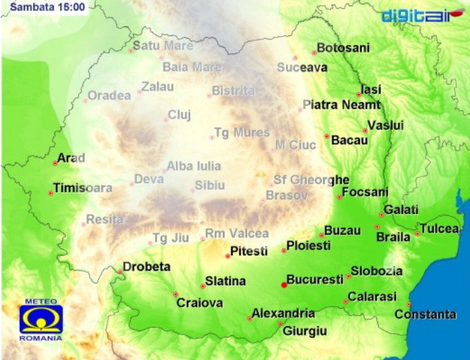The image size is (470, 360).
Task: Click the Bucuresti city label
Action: click(x=315, y=280)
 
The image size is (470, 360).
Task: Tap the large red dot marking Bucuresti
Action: click(x=284, y=285)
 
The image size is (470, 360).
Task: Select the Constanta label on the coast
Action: click(x=425, y=314)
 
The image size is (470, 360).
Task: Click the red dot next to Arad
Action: click(x=55, y=163)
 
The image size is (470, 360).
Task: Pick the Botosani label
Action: click(x=343, y=48)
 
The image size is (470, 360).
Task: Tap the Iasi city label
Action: click(x=371, y=89)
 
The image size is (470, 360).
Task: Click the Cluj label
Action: click(x=179, y=115)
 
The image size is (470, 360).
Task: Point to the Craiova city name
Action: click(x=199, y=303)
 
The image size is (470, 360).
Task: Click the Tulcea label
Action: click(x=439, y=228)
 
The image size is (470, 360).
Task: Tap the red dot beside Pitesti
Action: click(x=228, y=256)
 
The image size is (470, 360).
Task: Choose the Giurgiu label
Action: click(x=305, y=331)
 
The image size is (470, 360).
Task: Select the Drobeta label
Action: click(x=146, y=267)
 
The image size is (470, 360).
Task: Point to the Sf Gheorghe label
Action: click(x=311, y=179)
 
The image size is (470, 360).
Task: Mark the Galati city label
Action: click(x=401, y=209)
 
